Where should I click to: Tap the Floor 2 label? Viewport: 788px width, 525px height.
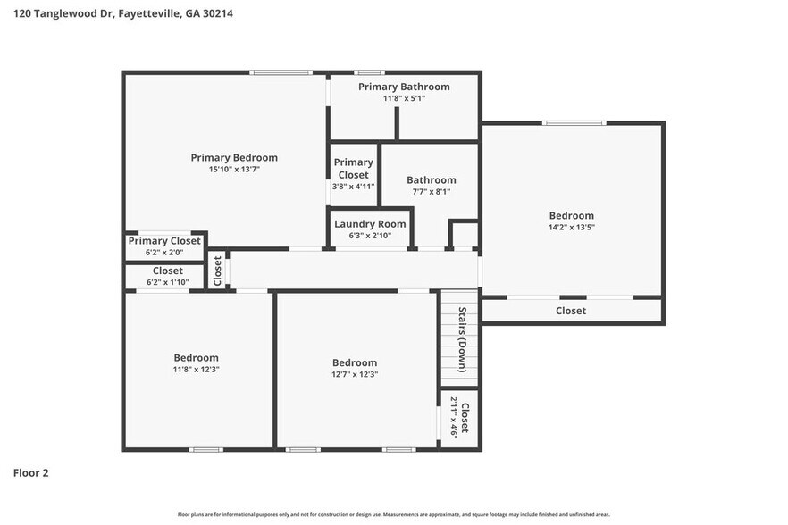[30, 472]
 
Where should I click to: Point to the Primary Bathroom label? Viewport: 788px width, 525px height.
[404, 87]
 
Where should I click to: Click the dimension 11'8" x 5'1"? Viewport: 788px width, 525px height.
[404, 98]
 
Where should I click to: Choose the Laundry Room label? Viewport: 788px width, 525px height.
[370, 224]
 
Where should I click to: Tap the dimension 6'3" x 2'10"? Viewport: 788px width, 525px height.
[370, 236]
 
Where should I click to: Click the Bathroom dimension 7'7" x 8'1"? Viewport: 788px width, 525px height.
[432, 191]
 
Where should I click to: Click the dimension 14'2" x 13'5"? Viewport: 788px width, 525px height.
[571, 227]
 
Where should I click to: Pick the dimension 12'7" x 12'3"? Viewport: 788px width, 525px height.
[355, 374]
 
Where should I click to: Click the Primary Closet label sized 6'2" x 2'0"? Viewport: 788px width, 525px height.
[164, 241]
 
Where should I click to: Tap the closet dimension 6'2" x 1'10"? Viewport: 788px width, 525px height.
[167, 282]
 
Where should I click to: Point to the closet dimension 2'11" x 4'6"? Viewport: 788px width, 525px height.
[454, 417]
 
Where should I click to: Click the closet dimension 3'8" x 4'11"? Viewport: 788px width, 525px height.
[353, 186]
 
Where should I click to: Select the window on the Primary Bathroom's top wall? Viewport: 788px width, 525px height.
[369, 72]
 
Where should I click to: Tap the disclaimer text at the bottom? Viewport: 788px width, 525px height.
[394, 514]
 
